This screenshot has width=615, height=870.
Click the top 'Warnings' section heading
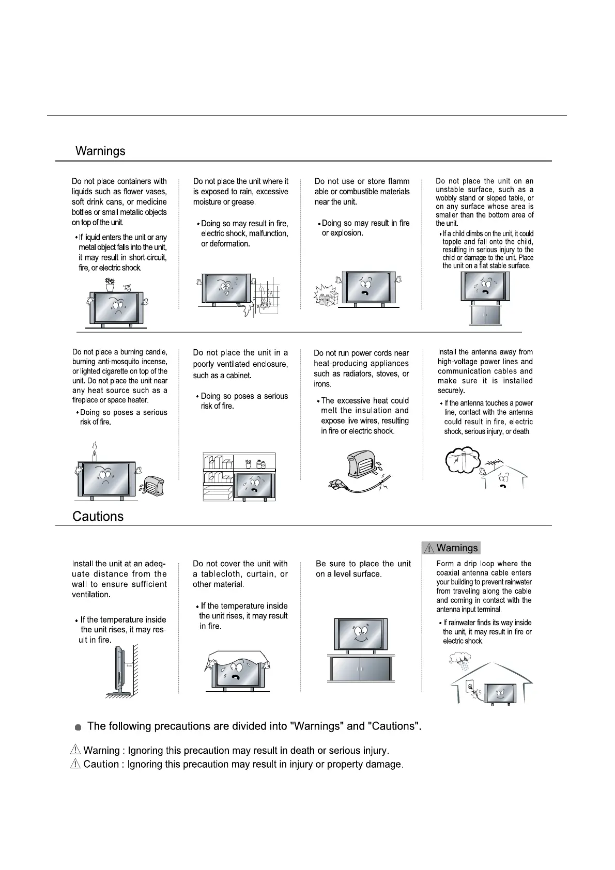pyautogui.click(x=100, y=151)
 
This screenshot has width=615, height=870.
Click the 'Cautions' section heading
pyautogui.click(x=98, y=517)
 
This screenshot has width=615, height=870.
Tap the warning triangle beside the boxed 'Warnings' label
pyautogui.click(x=428, y=548)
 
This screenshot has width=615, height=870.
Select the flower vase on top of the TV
pyautogui.click(x=110, y=285)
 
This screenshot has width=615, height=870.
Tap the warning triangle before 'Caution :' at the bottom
pyautogui.click(x=75, y=764)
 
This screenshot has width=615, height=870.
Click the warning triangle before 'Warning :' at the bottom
pyautogui.click(x=75, y=750)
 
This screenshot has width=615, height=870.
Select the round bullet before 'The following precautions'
pyautogui.click(x=78, y=727)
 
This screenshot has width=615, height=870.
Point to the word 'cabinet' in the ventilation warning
pyautogui.click(x=238, y=376)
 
